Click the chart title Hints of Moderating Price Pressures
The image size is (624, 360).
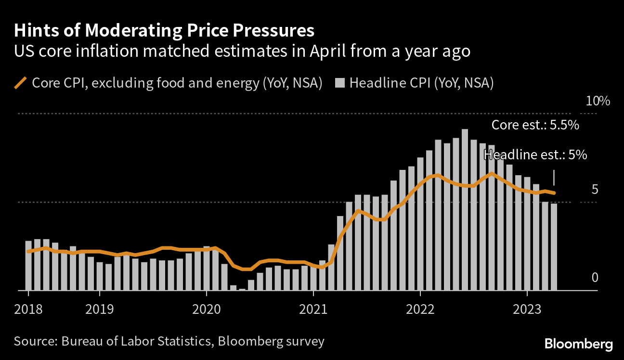coord(164,31)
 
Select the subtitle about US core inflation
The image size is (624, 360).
coord(242,51)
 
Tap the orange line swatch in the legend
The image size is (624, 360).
coord(21,83)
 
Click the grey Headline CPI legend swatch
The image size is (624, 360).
coord(339,83)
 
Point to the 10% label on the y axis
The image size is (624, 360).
coord(598,102)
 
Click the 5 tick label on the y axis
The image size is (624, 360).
coord(595,190)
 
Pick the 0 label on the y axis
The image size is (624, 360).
coord(595,278)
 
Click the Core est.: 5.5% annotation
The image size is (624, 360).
coord(534,125)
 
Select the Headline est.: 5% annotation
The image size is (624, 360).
coord(535,155)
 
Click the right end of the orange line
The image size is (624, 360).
coord(555,193)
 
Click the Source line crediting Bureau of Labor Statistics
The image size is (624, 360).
coord(169,342)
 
